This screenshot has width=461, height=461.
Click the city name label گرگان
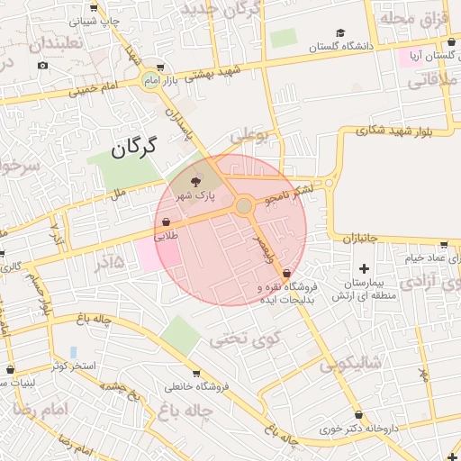[134, 147]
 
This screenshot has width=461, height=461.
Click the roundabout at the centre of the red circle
[243, 206]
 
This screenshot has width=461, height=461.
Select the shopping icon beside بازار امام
[160, 67]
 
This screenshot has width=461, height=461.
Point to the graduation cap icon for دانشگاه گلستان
[313, 45]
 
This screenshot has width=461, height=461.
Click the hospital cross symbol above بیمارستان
[364, 267]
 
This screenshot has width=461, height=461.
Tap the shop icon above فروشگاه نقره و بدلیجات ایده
[286, 273]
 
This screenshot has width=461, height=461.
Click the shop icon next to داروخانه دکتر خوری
[359, 415]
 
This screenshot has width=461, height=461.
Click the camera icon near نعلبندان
[42, 65]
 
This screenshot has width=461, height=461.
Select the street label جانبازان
[368, 238]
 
